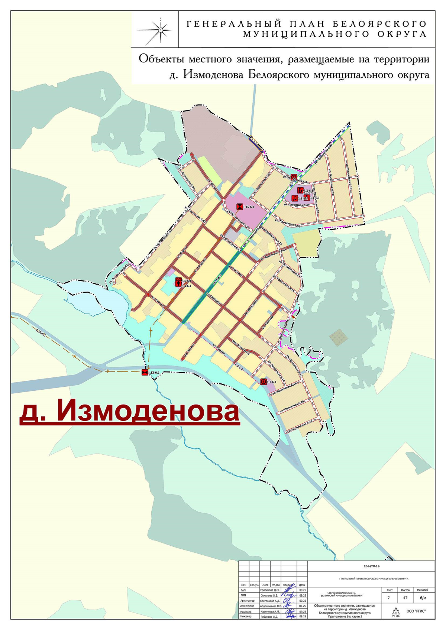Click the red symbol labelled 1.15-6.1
click(240, 207)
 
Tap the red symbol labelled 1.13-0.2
click(145, 372)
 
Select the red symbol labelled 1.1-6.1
click(264, 381)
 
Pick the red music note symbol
click(294, 198)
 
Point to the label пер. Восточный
click(243, 347)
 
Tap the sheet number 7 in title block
click(389, 598)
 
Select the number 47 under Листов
click(405, 598)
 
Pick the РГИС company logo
click(396, 611)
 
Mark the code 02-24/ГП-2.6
click(371, 566)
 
